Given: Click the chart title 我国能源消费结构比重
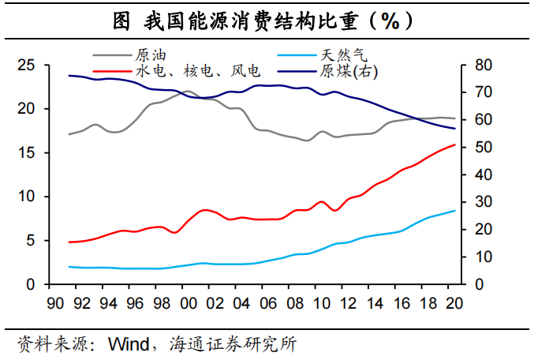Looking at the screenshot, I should tap(268, 21).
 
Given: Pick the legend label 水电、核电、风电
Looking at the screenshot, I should tap(198, 71).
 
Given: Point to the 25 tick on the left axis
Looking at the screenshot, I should tap(28, 65).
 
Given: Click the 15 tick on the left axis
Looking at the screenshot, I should tap(28, 152).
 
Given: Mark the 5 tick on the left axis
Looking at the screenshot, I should tap(32, 240).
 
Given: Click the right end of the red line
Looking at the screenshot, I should tap(455, 144).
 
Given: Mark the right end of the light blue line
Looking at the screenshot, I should tap(455, 211).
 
